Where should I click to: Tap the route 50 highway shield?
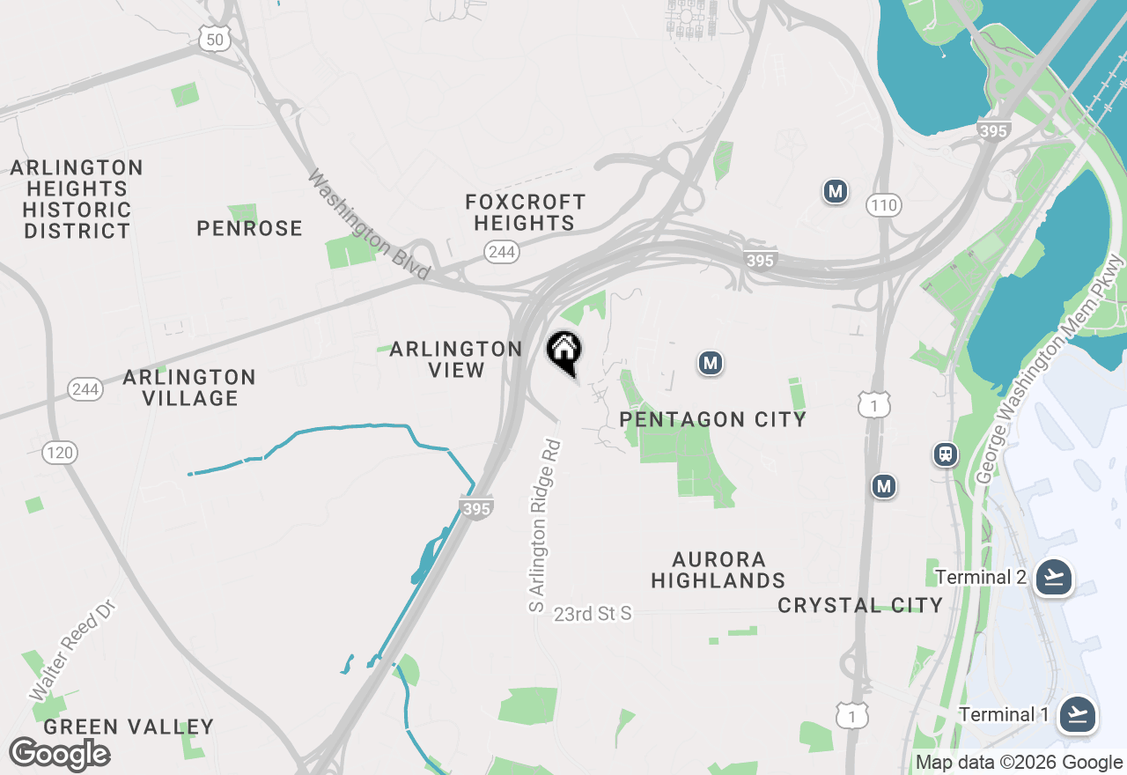tap(216, 38)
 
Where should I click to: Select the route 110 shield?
tap(883, 206)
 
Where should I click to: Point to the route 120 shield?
tap(60, 453)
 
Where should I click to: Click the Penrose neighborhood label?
tap(249, 228)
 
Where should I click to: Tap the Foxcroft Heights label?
tap(525, 212)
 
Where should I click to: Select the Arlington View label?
tap(456, 359)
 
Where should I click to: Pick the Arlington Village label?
tap(189, 387)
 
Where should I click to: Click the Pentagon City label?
tap(713, 419)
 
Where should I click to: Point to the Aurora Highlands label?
tap(718, 570)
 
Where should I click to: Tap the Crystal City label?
tap(860, 605)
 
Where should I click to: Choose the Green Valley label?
tap(129, 727)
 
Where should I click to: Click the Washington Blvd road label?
tap(369, 225)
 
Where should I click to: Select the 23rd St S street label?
tap(593, 613)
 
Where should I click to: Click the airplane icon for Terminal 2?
tap(1053, 578)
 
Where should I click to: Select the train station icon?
tap(946, 454)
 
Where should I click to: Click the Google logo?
tap(60, 755)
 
